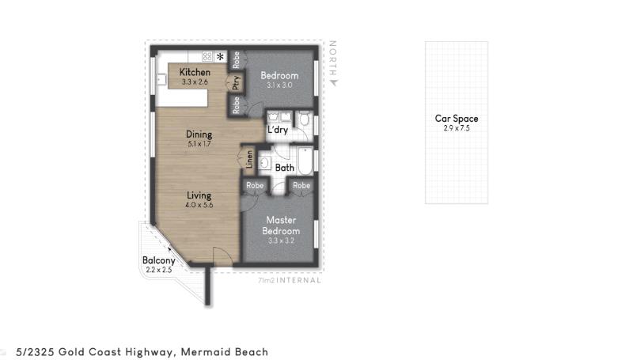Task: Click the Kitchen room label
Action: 195,72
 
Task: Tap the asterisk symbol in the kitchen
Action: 220,56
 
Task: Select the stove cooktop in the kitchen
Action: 207,56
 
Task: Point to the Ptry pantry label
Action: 237,83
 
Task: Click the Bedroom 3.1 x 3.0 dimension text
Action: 279,85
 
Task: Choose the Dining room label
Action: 199,134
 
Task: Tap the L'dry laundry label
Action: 278,130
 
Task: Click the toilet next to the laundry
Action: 304,119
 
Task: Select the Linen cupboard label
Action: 249,159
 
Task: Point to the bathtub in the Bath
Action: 305,161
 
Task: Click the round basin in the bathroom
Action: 264,163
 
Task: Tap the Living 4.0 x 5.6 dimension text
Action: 199,205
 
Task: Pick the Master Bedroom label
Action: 281,225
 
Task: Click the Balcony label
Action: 159,260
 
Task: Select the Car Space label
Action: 457,118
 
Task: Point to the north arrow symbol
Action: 333,83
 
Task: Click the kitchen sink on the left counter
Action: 161,79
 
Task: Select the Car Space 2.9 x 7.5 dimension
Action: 457,128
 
